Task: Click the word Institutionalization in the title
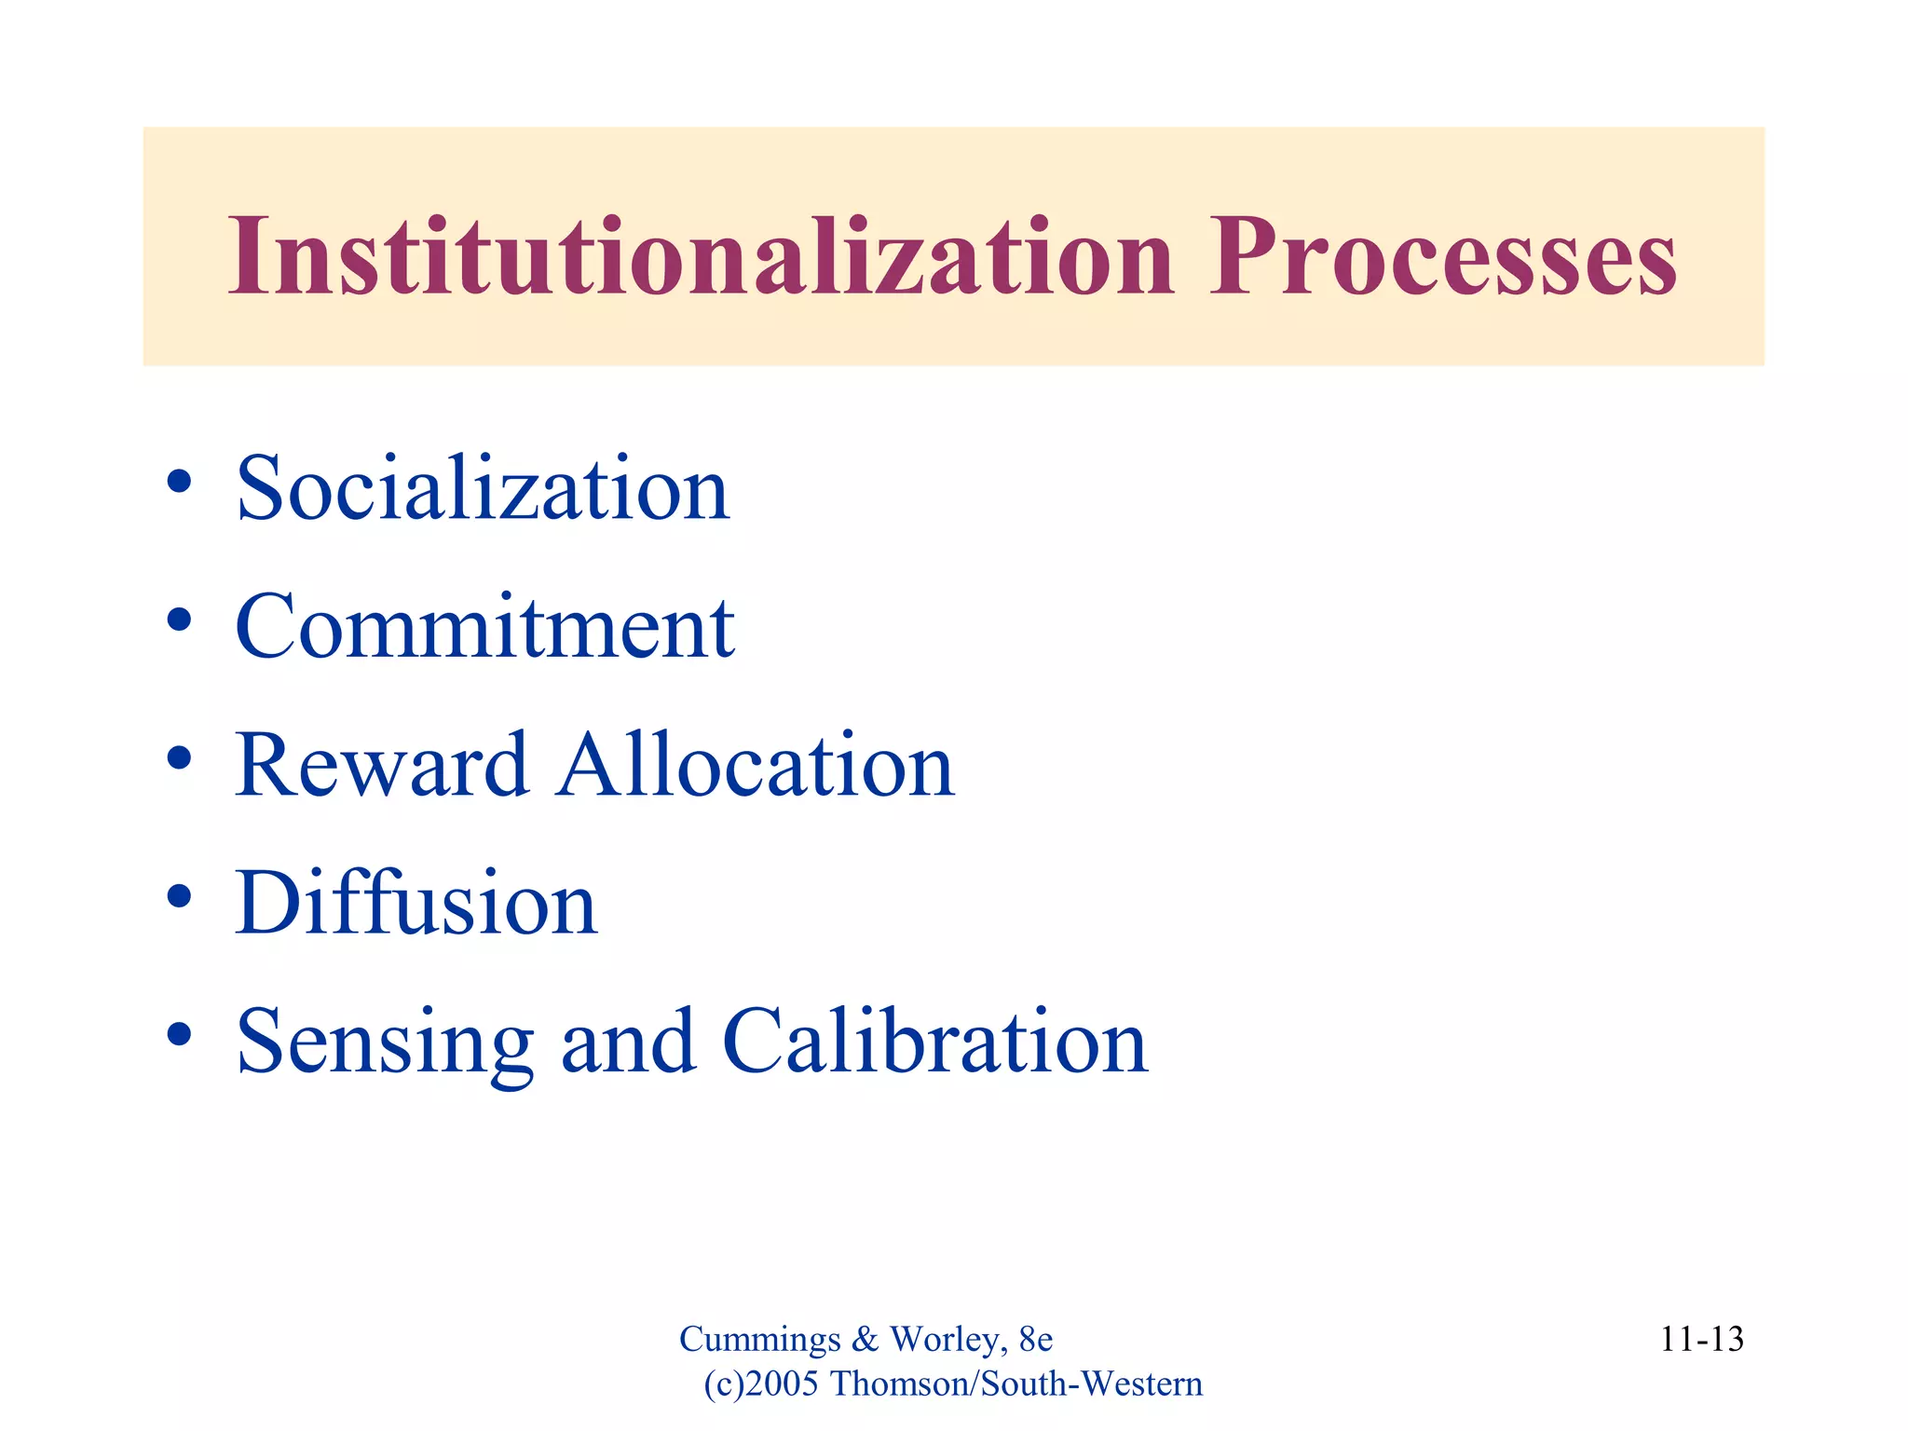click(701, 256)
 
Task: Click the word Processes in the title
click(1442, 256)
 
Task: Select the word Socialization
click(483, 489)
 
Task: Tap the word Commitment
click(484, 627)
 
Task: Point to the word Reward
click(382, 766)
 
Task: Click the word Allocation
click(756, 766)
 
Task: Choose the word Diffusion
click(416, 904)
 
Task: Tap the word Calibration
click(934, 1042)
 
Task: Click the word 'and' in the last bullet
click(628, 1042)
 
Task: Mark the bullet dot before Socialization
click(179, 482)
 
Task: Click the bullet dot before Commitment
click(179, 620)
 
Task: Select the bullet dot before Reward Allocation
click(179, 758)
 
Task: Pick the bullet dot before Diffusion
click(179, 896)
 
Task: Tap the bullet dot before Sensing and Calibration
click(179, 1034)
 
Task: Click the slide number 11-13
click(1701, 1340)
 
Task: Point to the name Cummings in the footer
click(759, 1340)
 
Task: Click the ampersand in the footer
click(865, 1340)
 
